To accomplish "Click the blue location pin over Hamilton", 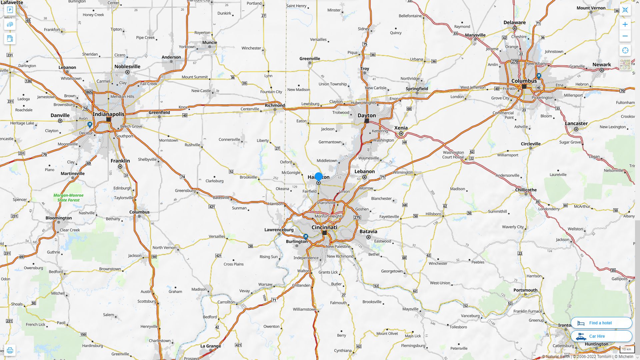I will pyautogui.click(x=319, y=177).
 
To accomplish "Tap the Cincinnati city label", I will pyautogui.click(x=324, y=227).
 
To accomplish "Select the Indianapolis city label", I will pyautogui.click(x=108, y=114).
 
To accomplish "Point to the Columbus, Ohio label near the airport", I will pyautogui.click(x=524, y=81).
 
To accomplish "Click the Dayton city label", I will pyautogui.click(x=367, y=115).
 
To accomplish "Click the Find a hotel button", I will pyautogui.click(x=601, y=323).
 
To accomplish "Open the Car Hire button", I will pyautogui.click(x=601, y=336).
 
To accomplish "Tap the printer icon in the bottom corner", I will pyautogui.click(x=10, y=350).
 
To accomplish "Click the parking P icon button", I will pyautogui.click(x=10, y=10).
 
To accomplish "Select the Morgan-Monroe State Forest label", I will pyautogui.click(x=68, y=198).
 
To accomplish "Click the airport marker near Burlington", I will pyautogui.click(x=306, y=236).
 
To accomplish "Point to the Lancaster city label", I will pyautogui.click(x=576, y=123).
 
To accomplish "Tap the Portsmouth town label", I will pyautogui.click(x=525, y=290).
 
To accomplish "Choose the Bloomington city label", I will pyautogui.click(x=59, y=218).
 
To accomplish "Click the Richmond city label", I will pyautogui.click(x=275, y=105).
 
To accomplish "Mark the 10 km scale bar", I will pyautogui.click(x=626, y=349).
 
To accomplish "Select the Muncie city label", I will pyautogui.click(x=210, y=42).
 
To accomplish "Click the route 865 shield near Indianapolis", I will pyautogui.click(x=89, y=92).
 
